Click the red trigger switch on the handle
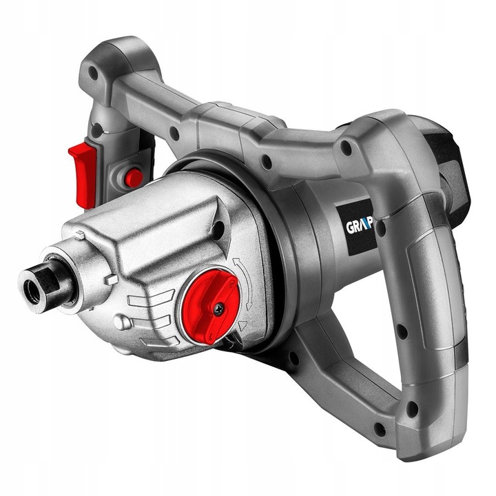(x=83, y=172)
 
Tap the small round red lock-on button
(x=133, y=177)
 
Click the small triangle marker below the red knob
(x=242, y=324)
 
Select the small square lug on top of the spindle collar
(x=80, y=236)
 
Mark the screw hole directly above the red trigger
(x=97, y=129)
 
